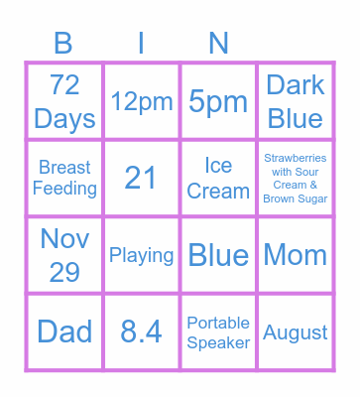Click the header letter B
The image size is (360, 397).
(64, 43)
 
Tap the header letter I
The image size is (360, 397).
(142, 43)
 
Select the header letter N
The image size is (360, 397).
(218, 43)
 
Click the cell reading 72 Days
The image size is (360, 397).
(64, 101)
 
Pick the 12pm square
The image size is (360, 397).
(142, 101)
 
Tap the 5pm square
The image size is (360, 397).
(218, 101)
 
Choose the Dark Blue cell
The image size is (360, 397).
(296, 101)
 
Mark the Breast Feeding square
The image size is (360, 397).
(64, 178)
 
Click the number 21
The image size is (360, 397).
(142, 178)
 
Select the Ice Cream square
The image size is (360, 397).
(218, 178)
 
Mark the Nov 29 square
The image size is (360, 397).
(64, 255)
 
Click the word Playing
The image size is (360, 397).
(142, 255)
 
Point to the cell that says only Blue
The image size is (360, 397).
(218, 255)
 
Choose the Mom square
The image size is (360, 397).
(296, 255)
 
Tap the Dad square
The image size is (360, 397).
(64, 331)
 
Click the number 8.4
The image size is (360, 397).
(142, 331)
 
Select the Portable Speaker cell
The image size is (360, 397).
(218, 331)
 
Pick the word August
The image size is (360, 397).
(296, 331)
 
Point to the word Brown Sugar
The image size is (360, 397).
(296, 198)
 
